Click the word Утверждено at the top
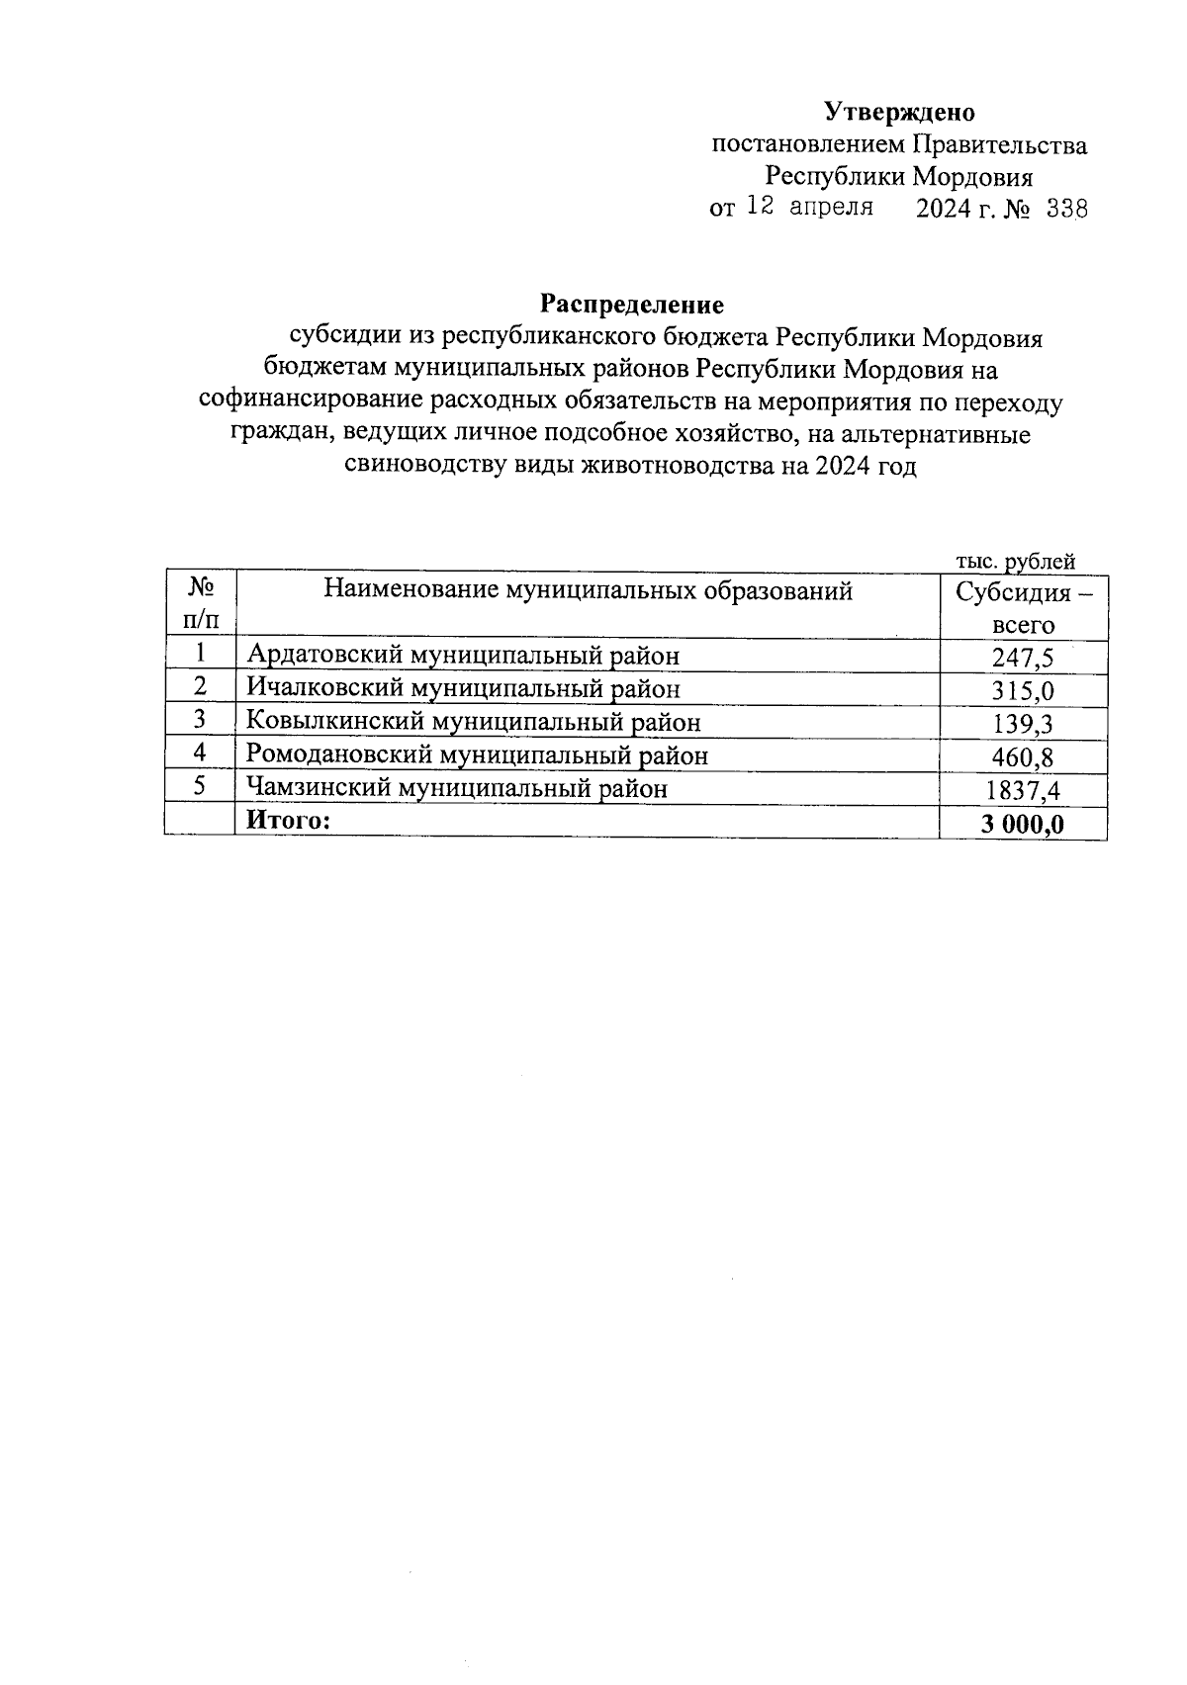(899, 112)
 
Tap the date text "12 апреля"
(809, 208)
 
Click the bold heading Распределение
(632, 304)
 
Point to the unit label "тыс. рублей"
(1015, 562)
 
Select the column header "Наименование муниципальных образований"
(588, 591)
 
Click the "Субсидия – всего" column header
(1023, 608)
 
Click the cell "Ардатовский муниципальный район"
(463, 655)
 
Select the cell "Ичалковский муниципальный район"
(464, 687)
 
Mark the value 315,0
(1023, 690)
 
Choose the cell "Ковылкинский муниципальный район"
(473, 722)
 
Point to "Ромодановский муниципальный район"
(477, 755)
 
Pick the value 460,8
(1023, 757)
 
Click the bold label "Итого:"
(287, 820)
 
